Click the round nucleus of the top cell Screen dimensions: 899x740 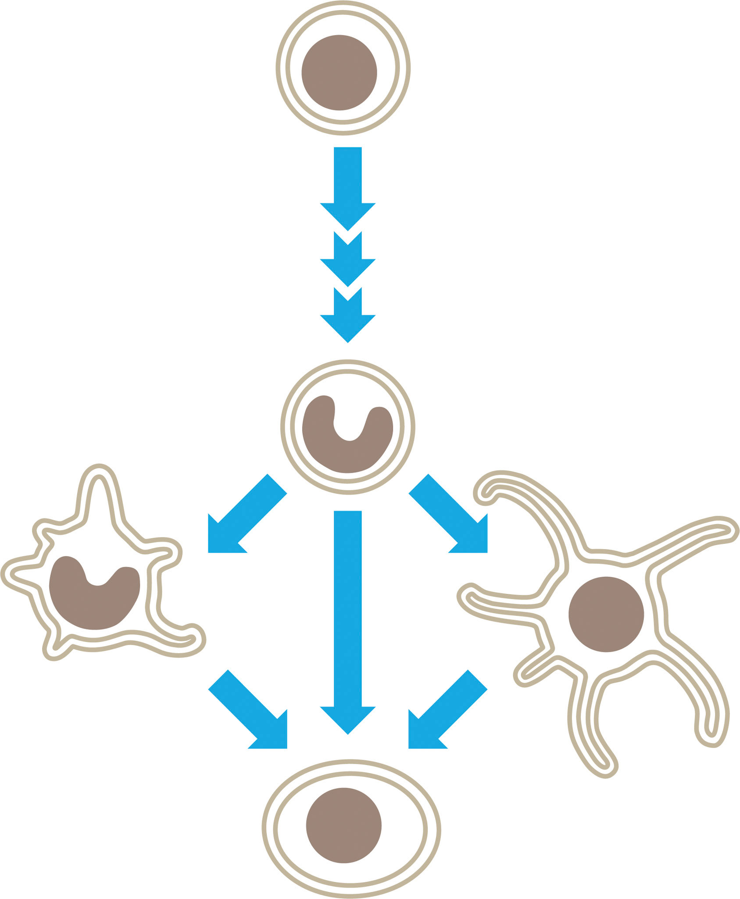pyautogui.click(x=339, y=72)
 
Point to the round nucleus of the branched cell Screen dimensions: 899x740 pyautogui.click(x=606, y=615)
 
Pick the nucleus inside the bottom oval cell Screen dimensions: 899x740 pyautogui.click(x=343, y=825)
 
